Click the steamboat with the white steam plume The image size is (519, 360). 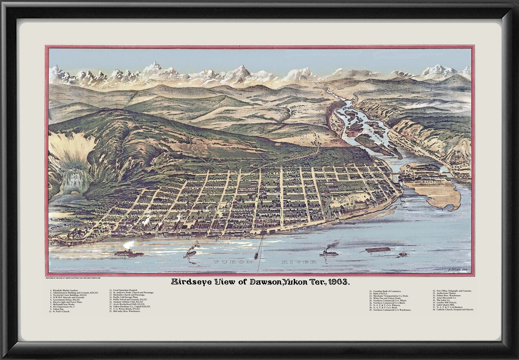pos(129,252)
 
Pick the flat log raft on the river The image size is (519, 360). pos(377,249)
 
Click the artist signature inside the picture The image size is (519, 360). pos(457,270)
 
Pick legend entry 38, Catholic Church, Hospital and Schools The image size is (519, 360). pos(454,310)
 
